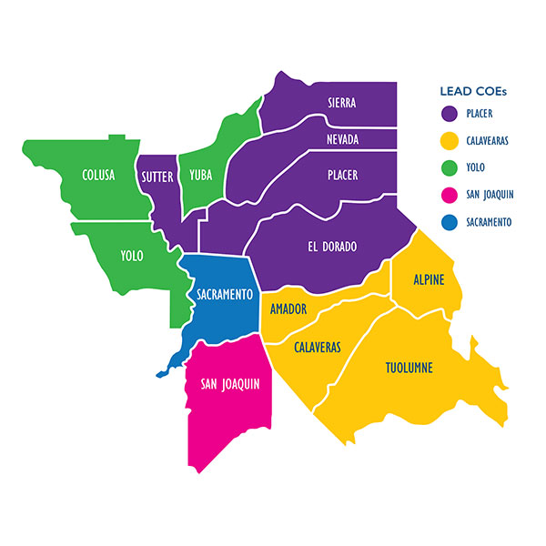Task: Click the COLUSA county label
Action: [97, 175]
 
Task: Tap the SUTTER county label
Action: [156, 175]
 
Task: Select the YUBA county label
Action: [200, 175]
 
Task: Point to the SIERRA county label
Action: [341, 103]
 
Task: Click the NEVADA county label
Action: [342, 139]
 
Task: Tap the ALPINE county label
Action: [429, 279]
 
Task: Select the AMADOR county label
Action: [288, 309]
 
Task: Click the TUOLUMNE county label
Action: [407, 368]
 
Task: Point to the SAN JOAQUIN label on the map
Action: [230, 384]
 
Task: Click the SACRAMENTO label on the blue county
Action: [224, 294]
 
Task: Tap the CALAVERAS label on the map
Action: [317, 348]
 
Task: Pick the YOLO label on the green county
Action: [132, 256]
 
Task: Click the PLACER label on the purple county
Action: [342, 175]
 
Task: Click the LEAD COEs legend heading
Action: [472, 91]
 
